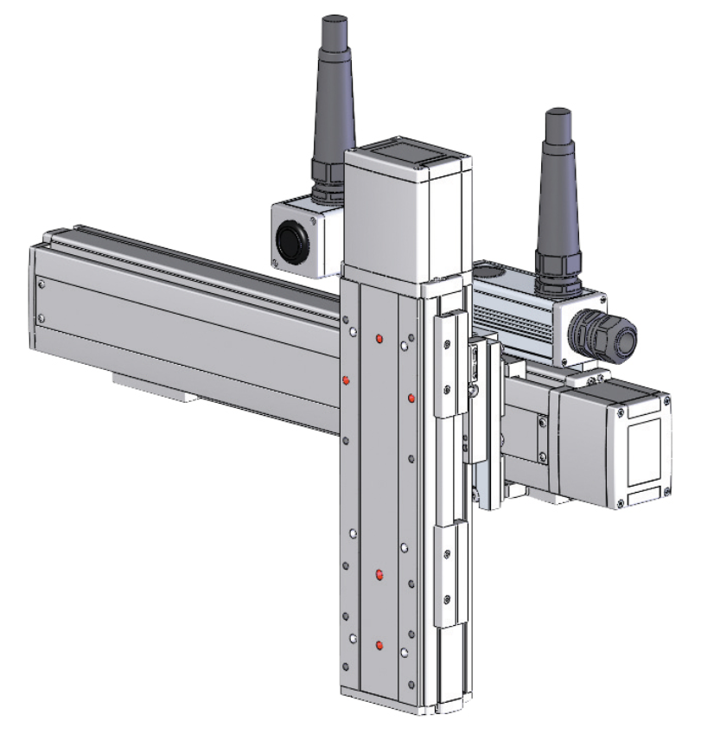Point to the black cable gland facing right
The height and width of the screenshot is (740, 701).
(609, 334)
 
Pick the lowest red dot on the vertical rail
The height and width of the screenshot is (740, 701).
(379, 645)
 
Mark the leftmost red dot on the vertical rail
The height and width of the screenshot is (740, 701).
(346, 380)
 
